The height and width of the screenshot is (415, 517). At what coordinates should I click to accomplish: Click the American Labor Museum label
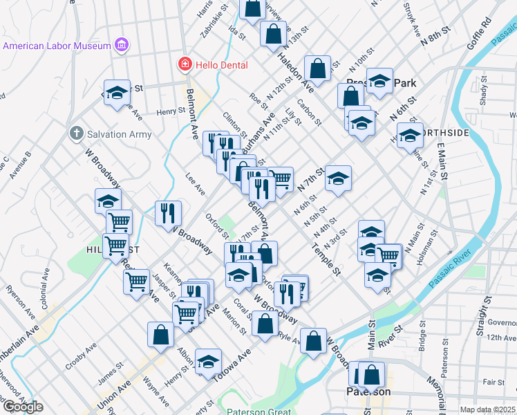tap(57, 46)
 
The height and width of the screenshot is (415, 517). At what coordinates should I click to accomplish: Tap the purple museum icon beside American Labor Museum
tap(122, 46)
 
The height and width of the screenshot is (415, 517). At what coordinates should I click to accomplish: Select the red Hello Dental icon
tap(185, 65)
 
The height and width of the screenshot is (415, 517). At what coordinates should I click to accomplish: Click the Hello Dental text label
tap(220, 65)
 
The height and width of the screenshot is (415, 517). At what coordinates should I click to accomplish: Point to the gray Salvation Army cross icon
tap(75, 132)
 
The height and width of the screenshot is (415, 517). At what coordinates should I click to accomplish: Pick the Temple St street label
tap(326, 260)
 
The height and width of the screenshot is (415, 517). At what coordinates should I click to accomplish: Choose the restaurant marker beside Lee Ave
tap(168, 212)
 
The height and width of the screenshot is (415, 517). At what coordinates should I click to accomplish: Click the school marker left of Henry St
tap(117, 93)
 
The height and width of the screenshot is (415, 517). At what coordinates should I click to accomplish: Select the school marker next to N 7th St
tap(338, 178)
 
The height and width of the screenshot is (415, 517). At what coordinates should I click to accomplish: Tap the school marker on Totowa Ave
tap(207, 362)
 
